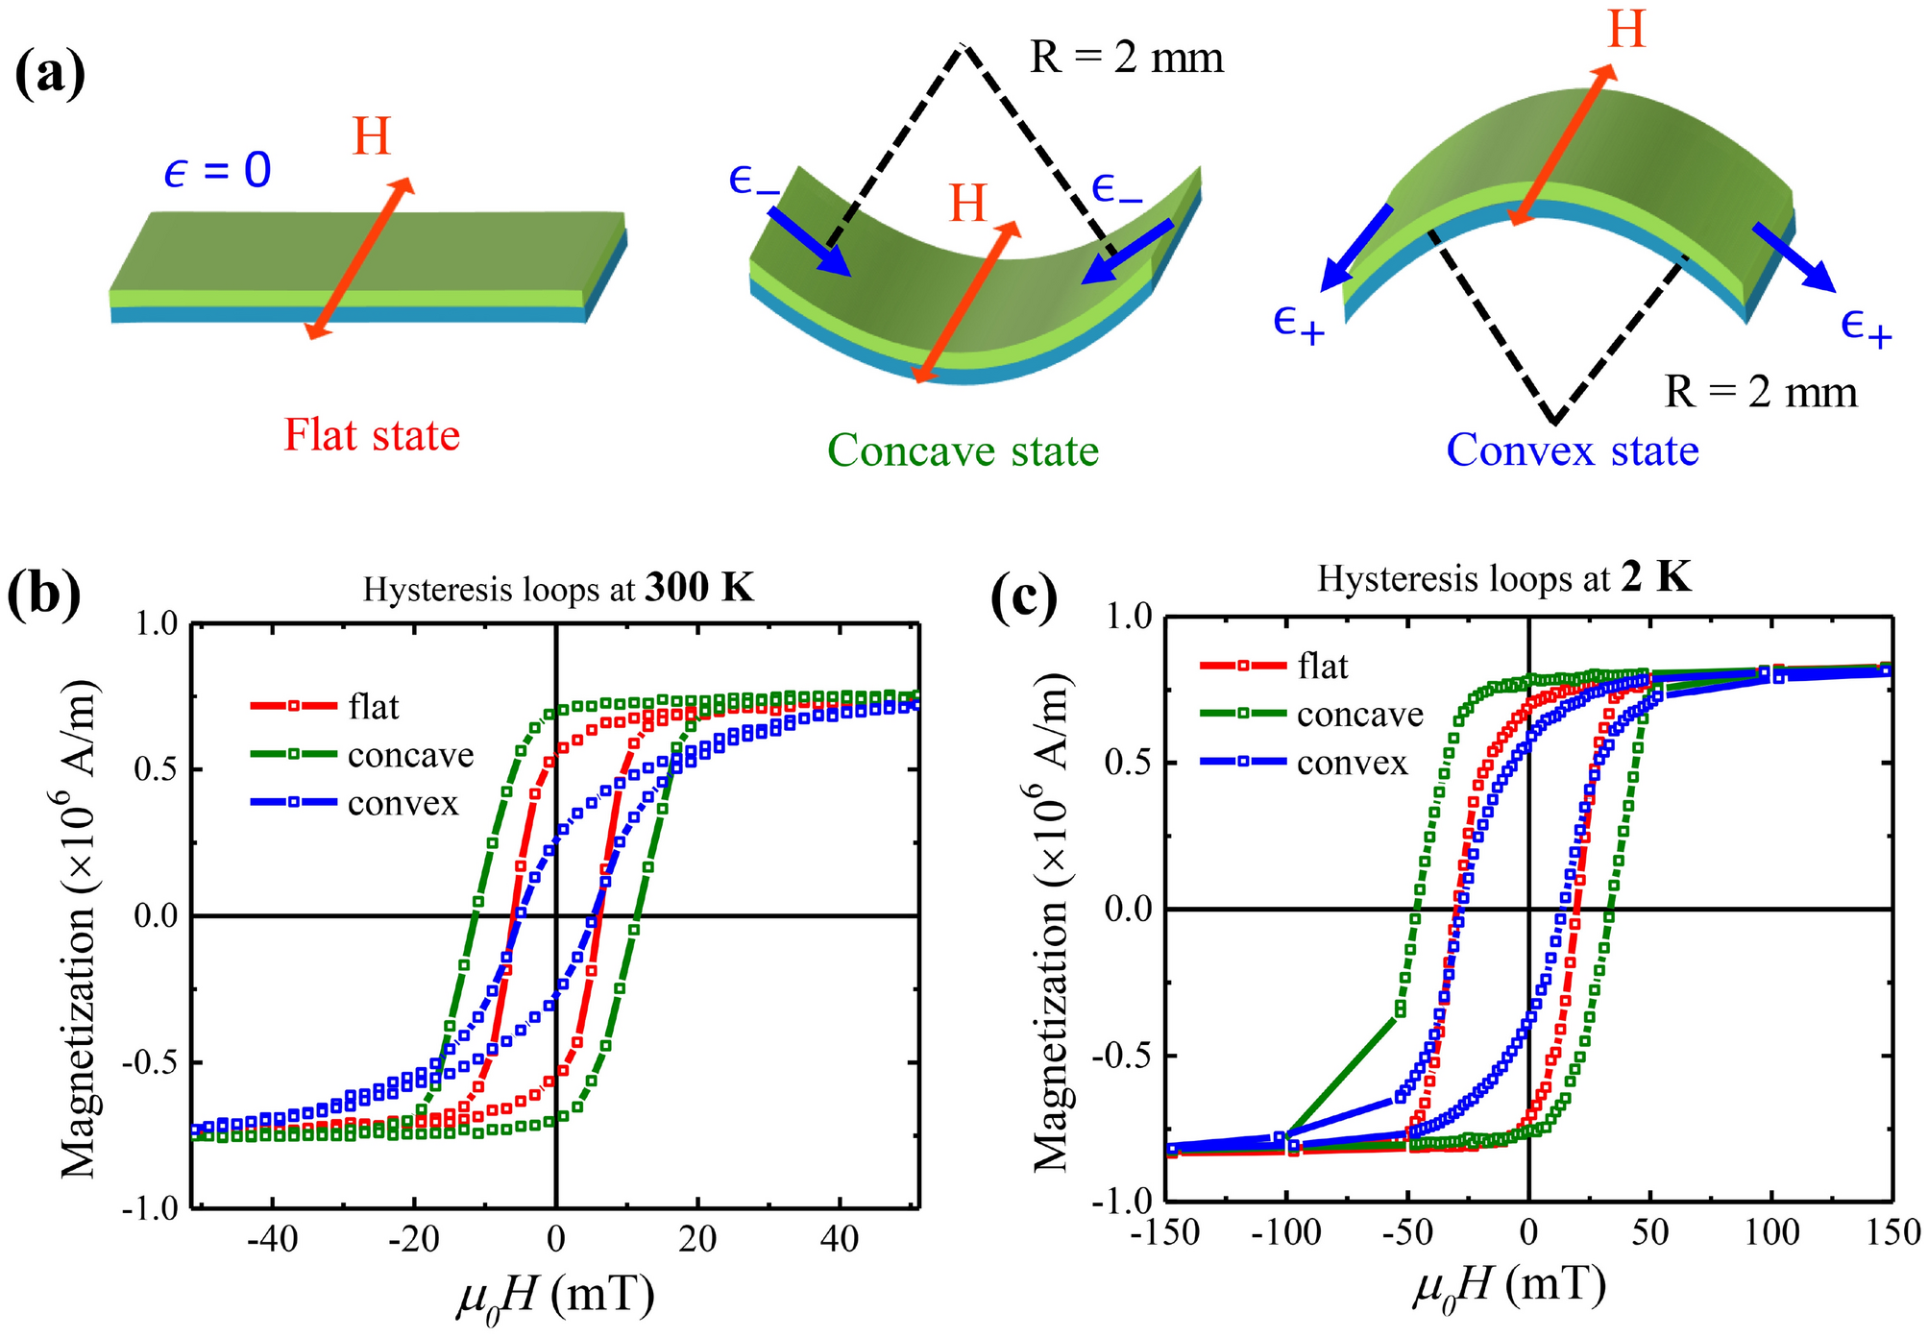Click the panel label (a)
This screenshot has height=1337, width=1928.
[50, 74]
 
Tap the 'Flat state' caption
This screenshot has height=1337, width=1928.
[372, 435]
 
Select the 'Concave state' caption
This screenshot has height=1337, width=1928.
[963, 450]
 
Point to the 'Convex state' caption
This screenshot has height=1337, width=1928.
[1573, 450]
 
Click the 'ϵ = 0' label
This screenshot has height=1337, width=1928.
[217, 172]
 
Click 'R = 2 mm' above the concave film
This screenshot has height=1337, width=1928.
[1127, 59]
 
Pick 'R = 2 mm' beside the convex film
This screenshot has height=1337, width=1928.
[1760, 392]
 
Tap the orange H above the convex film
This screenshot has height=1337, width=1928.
[1626, 30]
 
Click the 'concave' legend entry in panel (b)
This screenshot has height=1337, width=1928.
[410, 755]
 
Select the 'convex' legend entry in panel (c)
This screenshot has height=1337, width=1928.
[1352, 763]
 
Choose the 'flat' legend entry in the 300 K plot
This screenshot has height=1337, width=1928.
[373, 707]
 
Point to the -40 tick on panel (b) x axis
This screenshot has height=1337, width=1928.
[273, 1239]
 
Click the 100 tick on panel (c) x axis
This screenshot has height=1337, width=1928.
[1771, 1231]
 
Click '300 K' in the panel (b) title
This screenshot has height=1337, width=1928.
[699, 588]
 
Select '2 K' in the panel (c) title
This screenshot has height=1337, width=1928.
[1656, 578]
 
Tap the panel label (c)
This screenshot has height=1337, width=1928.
[1023, 599]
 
